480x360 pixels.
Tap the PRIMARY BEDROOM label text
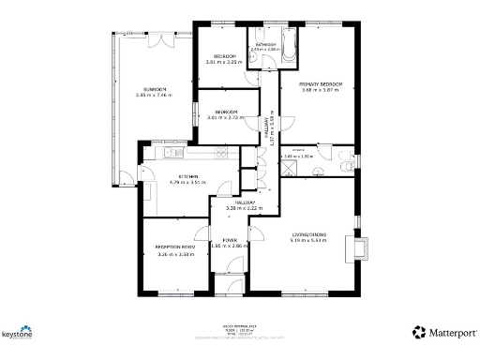click(321, 84)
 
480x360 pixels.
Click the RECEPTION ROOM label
click(174, 247)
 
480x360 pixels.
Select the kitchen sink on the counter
click(169, 153)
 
